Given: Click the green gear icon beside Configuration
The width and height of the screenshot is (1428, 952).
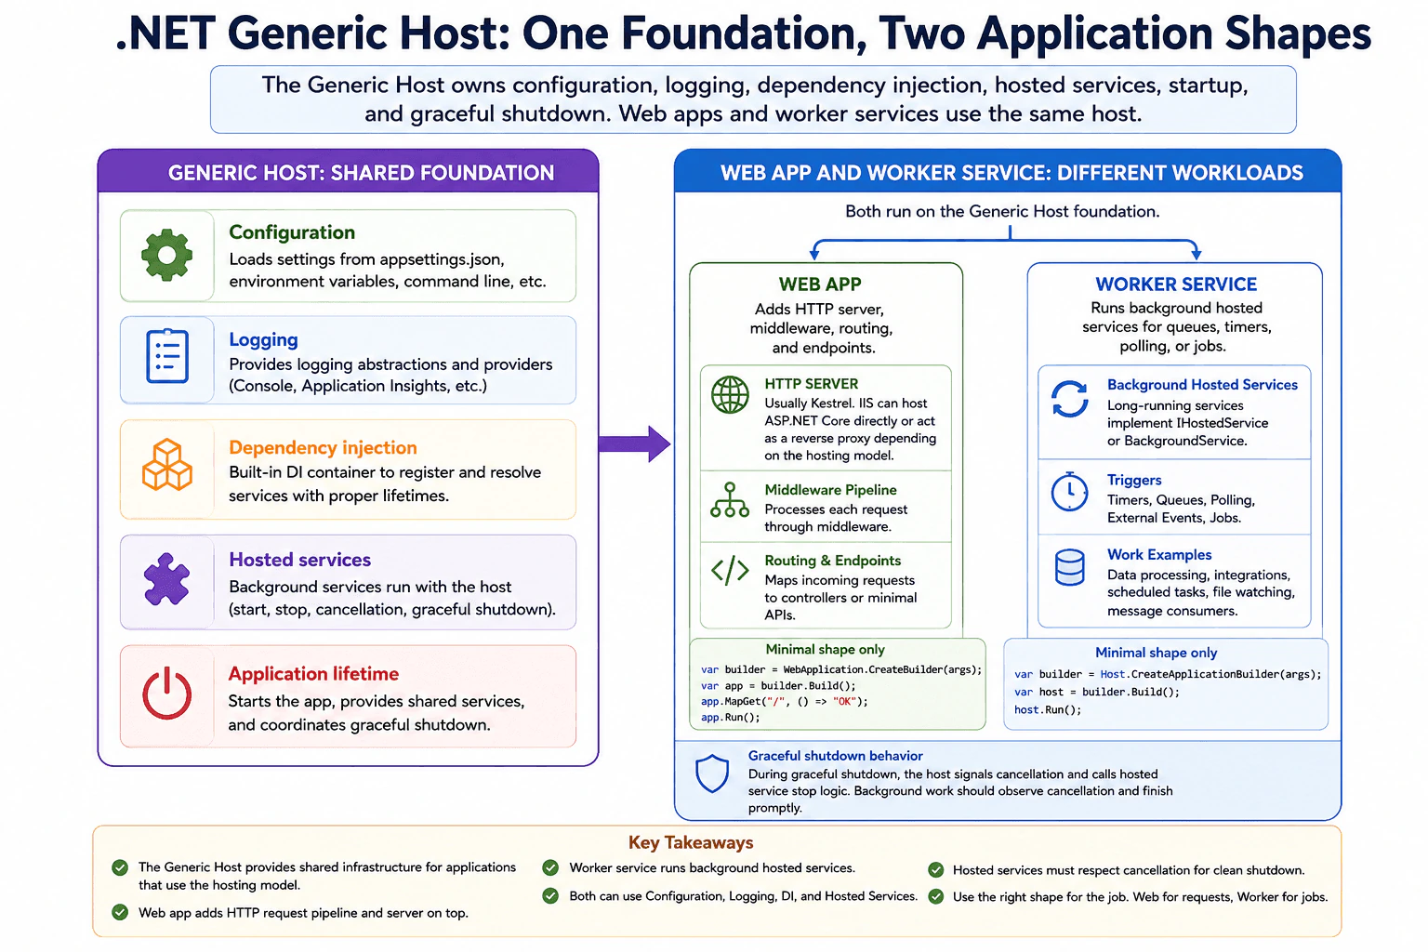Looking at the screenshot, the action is tap(166, 255).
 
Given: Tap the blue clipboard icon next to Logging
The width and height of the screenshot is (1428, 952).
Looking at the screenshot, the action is tap(167, 356).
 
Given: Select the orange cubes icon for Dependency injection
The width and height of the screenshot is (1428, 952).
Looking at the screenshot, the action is tap(167, 465).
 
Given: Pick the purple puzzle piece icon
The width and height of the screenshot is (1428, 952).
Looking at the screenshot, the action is tap(166, 578).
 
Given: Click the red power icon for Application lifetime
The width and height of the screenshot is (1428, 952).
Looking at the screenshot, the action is tap(166, 694).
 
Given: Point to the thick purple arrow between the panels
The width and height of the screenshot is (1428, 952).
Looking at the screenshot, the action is tap(634, 443).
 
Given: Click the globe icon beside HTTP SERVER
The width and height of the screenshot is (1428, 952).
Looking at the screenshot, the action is tap(730, 395).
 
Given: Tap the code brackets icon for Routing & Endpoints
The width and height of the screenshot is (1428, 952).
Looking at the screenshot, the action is tap(730, 570).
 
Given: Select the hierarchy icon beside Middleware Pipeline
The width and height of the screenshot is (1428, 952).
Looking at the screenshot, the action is tap(730, 500).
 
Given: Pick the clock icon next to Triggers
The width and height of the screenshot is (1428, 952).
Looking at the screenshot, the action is tap(1069, 491).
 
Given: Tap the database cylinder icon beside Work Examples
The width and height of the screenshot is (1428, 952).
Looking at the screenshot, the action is tap(1069, 567).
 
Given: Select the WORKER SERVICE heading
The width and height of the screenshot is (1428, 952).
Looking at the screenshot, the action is tap(1175, 284).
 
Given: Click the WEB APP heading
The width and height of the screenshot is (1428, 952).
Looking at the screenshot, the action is tap(820, 284).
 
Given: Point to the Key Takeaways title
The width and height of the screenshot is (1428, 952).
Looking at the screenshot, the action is tap(691, 842).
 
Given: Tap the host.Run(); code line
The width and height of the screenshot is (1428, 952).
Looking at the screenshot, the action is tap(1048, 709).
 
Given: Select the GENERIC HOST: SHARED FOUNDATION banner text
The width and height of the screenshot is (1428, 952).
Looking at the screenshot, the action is tap(361, 173).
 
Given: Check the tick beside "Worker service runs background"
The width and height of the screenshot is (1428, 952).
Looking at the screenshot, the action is tap(550, 867).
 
